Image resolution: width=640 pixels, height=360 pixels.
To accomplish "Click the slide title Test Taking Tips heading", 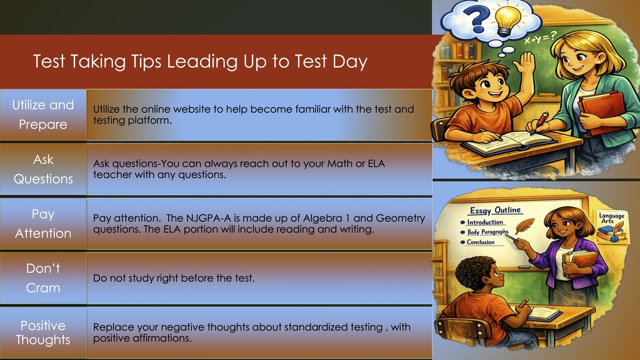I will click(200, 62).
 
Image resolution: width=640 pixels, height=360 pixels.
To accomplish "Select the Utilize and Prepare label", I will click(43, 114).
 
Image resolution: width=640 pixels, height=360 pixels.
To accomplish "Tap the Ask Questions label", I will click(43, 169).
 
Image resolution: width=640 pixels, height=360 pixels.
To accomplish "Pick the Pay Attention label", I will click(43, 224).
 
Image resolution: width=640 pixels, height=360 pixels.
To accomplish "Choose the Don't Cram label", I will click(43, 278).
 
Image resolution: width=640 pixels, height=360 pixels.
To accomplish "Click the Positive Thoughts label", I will click(43, 332).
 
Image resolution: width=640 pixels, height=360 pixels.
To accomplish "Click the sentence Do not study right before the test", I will click(174, 278).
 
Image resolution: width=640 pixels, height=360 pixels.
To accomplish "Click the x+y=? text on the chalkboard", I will click(541, 39).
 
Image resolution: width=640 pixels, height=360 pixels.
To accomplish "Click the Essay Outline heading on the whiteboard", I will click(494, 211).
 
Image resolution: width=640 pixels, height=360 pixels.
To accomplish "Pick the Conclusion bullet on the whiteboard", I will click(479, 242).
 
